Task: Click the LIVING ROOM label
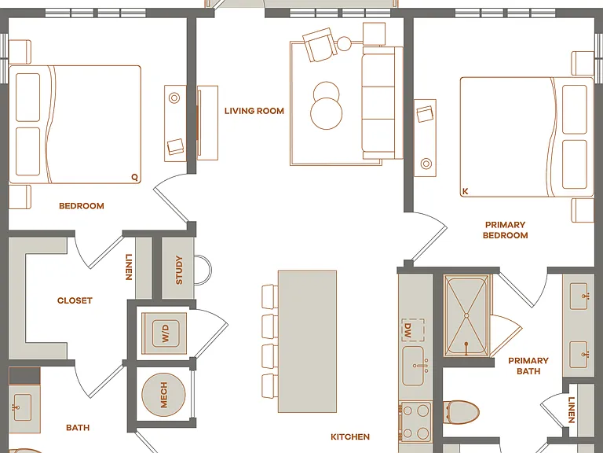[254, 111]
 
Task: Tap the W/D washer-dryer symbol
[164, 333]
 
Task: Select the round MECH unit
[163, 395]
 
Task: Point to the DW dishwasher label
[407, 330]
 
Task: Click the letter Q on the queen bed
[134, 177]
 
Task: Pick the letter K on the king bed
[466, 191]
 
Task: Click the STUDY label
[179, 270]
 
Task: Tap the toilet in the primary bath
[461, 412]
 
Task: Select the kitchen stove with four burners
[415, 422]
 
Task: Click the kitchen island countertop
[307, 341]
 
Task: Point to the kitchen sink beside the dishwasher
[414, 366]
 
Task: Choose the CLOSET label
[75, 300]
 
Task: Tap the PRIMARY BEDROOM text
[506, 230]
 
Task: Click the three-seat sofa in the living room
[382, 102]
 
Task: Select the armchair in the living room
[320, 45]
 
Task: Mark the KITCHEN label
[350, 436]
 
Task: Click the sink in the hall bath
[22, 407]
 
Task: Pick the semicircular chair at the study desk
[203, 270]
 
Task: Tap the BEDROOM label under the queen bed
[82, 206]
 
